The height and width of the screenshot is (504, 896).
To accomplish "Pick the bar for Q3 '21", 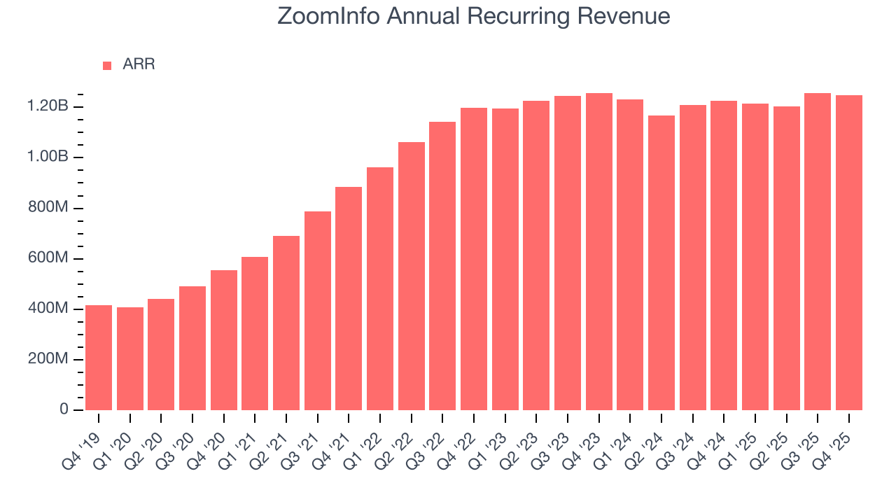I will (318, 310).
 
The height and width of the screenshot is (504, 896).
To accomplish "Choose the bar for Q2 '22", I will (412, 276).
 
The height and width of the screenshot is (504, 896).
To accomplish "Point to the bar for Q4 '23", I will (599, 251).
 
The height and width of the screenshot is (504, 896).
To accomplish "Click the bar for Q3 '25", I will (818, 251).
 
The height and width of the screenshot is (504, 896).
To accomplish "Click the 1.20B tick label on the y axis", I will (48, 107).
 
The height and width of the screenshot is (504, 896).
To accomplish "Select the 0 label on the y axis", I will (64, 409).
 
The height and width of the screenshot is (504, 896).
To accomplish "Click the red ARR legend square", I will (107, 66).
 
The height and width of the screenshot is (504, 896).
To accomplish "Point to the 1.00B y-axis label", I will (48, 157).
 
